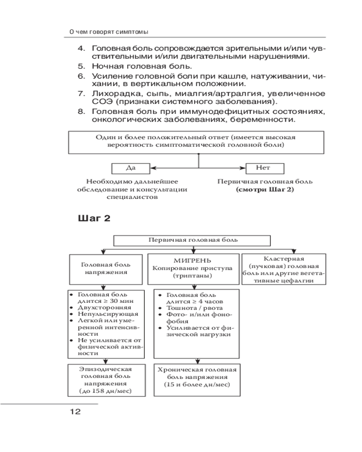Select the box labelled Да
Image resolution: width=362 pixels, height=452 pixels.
coord(130,168)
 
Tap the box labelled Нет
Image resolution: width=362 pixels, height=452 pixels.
coord(265,168)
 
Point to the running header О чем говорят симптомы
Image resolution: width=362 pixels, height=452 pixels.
coord(109,32)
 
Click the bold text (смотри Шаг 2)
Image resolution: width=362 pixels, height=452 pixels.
coord(265,190)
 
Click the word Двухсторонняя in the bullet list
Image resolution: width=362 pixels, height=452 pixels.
coord(101,307)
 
